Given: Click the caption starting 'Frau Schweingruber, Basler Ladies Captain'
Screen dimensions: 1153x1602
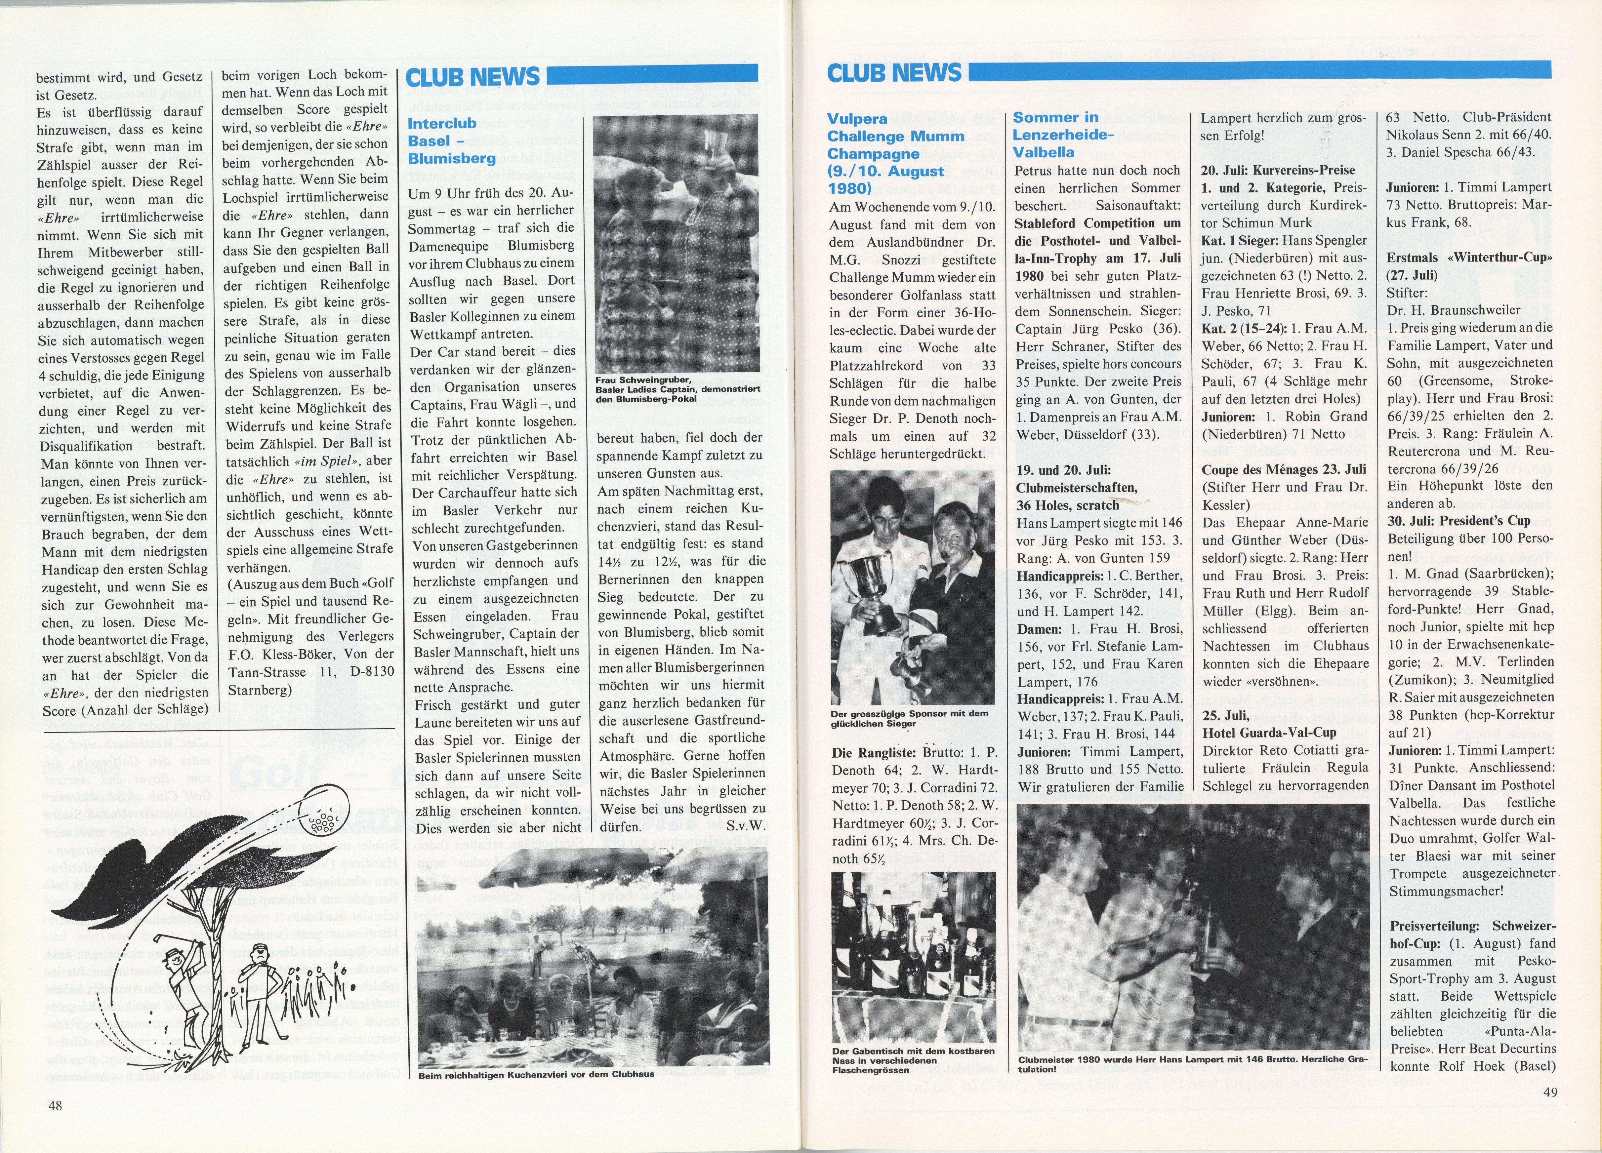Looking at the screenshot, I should point(677,390).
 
